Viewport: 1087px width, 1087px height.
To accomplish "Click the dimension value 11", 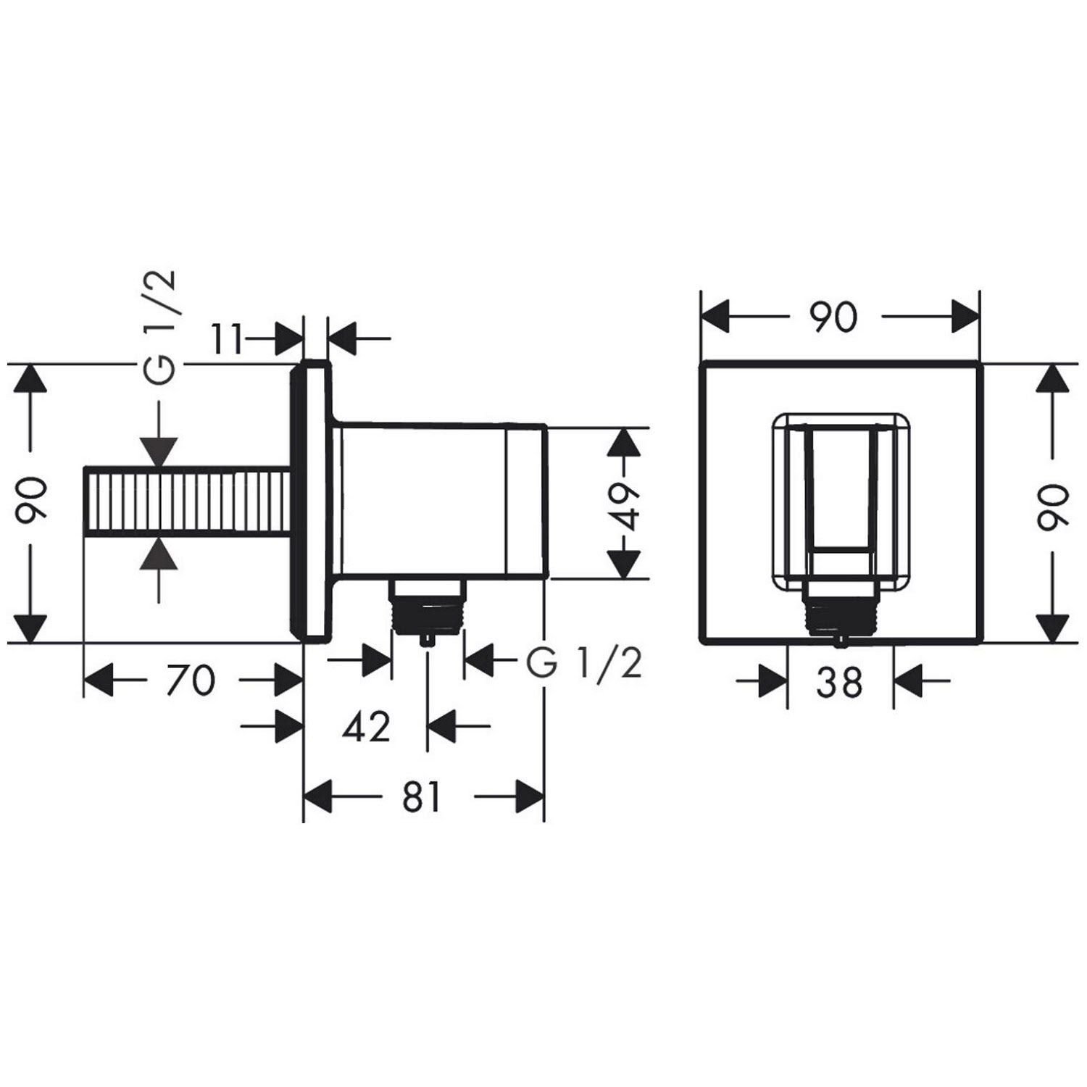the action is click(x=227, y=338).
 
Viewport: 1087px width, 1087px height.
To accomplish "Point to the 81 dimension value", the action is click(x=422, y=798).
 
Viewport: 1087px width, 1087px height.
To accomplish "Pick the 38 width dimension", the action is click(x=839, y=682).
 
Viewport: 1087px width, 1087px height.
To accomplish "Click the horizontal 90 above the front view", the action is click(x=833, y=317).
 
